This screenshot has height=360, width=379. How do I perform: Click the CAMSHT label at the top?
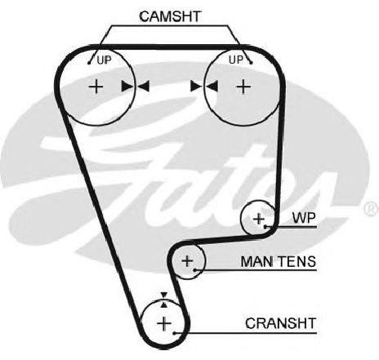(170, 16)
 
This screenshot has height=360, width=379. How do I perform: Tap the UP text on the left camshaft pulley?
(105, 60)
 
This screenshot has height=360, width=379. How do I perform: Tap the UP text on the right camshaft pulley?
(236, 60)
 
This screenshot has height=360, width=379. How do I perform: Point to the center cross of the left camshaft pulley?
(96, 87)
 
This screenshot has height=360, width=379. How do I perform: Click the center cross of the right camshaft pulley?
(243, 87)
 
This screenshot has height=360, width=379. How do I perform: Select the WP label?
(304, 218)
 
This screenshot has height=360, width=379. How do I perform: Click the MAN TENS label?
(279, 261)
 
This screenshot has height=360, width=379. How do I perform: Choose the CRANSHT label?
(280, 323)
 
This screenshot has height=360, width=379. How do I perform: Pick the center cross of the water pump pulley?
(259, 219)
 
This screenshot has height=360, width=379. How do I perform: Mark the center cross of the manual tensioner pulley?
(187, 261)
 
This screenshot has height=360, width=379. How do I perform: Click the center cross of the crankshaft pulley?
(164, 323)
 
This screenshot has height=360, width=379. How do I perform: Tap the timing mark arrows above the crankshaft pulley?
(164, 300)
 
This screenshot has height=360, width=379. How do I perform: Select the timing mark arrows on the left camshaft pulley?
(136, 87)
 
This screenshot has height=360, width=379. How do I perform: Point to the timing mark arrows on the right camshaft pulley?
(204, 87)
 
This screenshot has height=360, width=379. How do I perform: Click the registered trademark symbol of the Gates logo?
(372, 209)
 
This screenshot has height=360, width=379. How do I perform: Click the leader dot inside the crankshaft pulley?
(174, 333)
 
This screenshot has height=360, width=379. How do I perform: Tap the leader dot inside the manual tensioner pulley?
(195, 270)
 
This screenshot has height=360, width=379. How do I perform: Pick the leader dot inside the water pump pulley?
(265, 226)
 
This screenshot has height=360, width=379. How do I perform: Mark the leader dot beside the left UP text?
(89, 63)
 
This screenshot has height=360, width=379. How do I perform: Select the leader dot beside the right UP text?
(251, 63)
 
